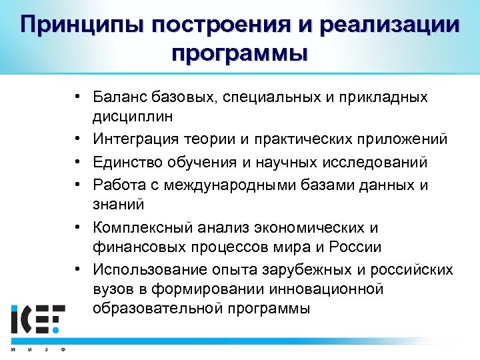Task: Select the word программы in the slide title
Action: coord(240,53)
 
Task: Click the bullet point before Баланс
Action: coord(78,98)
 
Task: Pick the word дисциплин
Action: coord(133,116)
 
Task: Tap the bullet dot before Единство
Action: coord(78,162)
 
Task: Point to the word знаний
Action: coord(119,203)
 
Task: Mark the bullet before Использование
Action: coord(78,269)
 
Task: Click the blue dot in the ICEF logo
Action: coord(57,329)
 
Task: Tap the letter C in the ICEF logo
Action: coord(27,319)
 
